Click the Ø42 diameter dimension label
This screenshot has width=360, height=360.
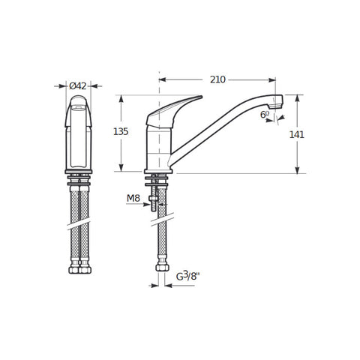78,86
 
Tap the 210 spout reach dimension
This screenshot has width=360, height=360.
217,79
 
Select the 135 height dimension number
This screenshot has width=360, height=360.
121,131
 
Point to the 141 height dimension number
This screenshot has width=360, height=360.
297,135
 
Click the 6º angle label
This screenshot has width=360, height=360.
265,115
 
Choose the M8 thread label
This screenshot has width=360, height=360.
133,199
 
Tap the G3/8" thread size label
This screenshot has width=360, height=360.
187,276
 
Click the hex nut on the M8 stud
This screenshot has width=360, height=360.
153,199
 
